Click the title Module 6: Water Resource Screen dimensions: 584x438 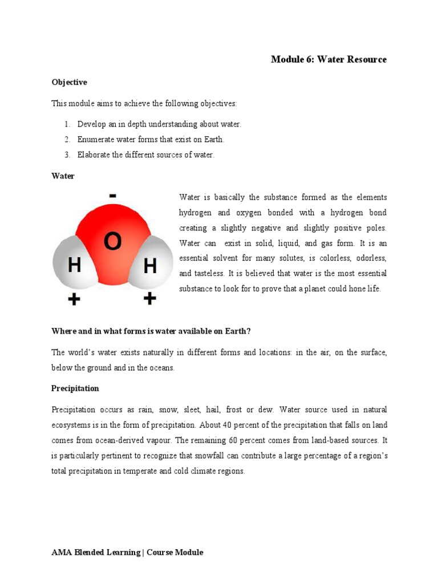click(x=328, y=59)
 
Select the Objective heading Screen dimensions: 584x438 click(x=69, y=82)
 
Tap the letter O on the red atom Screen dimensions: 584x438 click(x=112, y=242)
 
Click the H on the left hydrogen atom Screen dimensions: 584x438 click(x=74, y=265)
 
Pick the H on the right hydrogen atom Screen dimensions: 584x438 click(x=149, y=265)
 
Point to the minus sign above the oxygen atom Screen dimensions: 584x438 click(x=113, y=196)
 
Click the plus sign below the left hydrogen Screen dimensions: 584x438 click(x=74, y=298)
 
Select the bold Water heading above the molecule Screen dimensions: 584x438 click(x=63, y=176)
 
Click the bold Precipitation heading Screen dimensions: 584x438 click(x=75, y=388)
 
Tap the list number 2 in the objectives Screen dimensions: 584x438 click(x=66, y=139)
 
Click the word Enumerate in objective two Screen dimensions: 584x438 click(x=95, y=139)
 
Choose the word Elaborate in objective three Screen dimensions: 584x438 click(x=94, y=155)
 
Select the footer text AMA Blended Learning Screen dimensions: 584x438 click(x=96, y=552)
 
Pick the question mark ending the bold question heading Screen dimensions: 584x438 click(x=249, y=331)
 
